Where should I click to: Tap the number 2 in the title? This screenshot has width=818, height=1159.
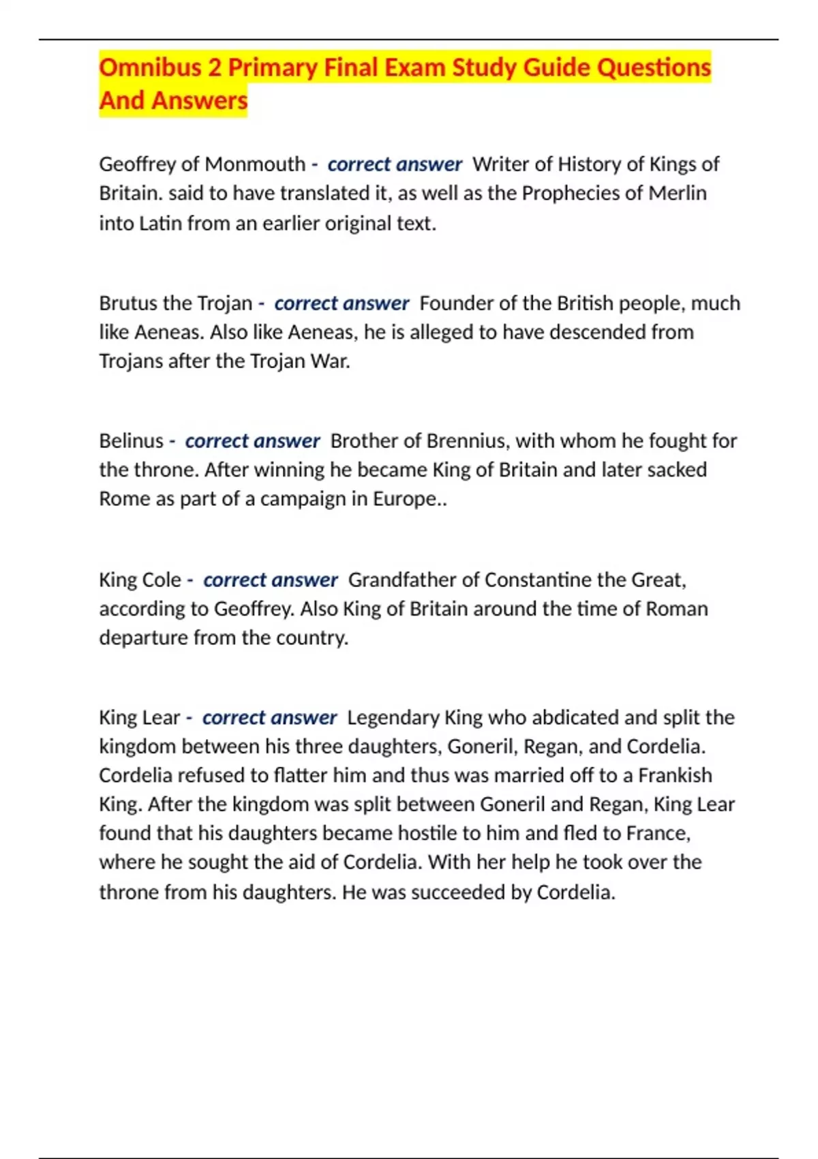(215, 67)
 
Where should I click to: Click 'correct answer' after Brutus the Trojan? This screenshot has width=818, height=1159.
(342, 303)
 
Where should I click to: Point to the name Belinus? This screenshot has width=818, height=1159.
(131, 441)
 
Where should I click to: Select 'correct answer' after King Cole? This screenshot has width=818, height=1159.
(271, 579)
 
